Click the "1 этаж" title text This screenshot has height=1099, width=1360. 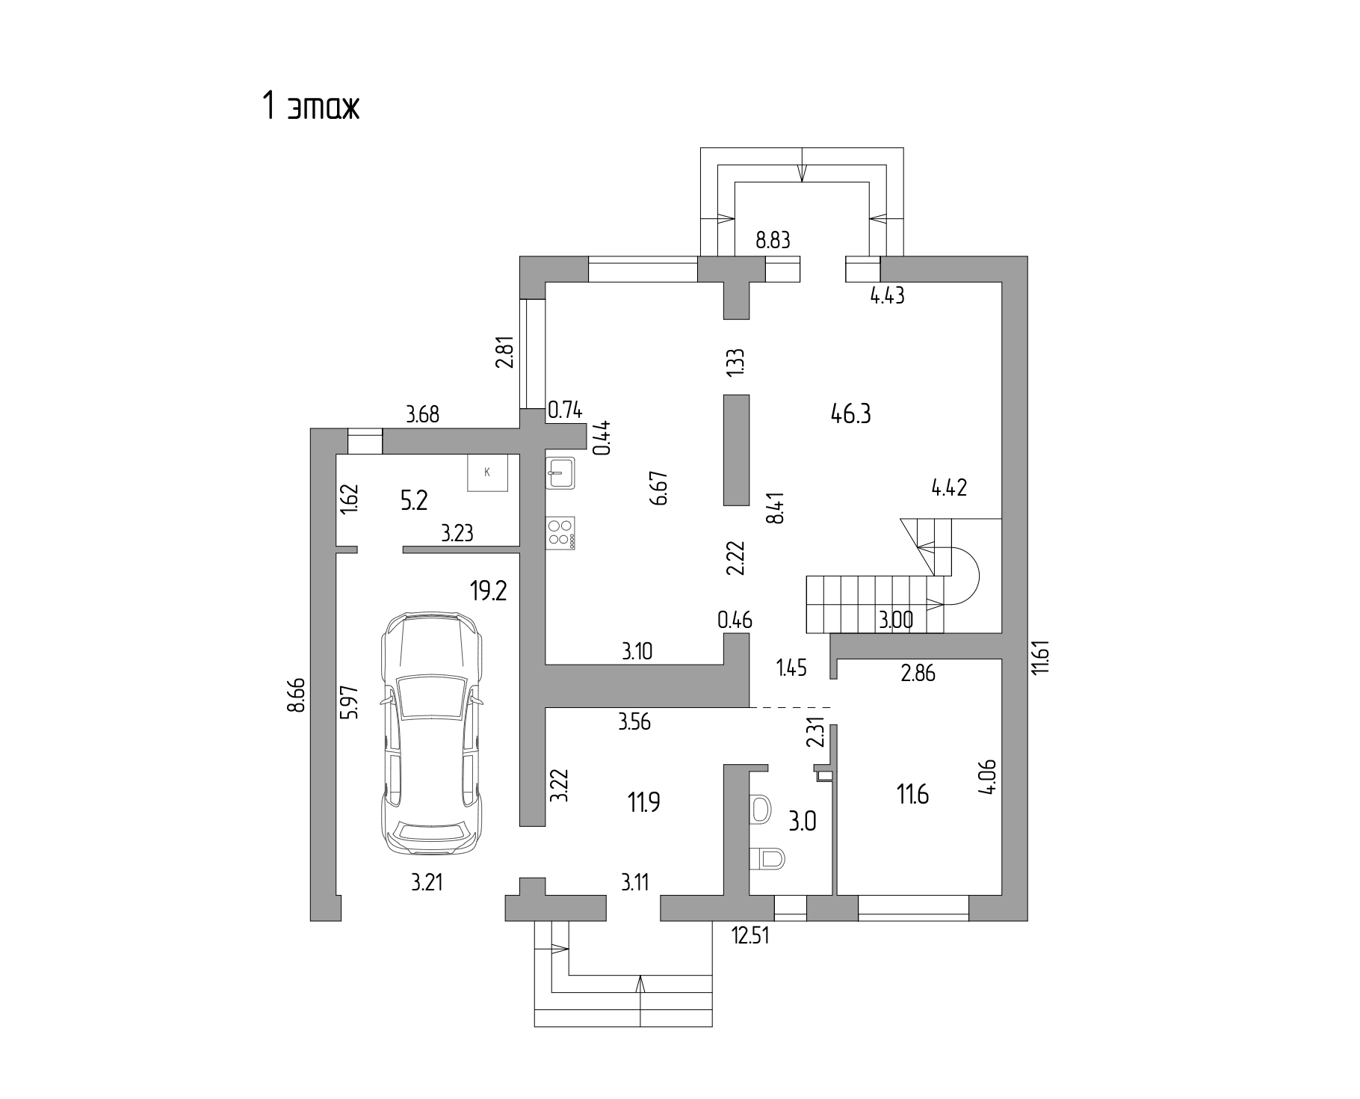[x=310, y=106]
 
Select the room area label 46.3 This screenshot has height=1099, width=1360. [x=850, y=413]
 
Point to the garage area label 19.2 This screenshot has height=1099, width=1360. [x=488, y=592]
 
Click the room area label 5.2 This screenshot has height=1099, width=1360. [x=413, y=500]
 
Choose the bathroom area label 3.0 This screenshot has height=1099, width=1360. [x=803, y=822]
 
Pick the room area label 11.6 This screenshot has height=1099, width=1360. [x=912, y=794]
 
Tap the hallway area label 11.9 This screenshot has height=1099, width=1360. [x=643, y=803]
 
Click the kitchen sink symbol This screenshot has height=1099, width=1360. [x=560, y=472]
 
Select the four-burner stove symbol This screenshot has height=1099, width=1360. [x=560, y=533]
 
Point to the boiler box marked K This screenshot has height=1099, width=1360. [x=487, y=472]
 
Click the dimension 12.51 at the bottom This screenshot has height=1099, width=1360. [x=750, y=935]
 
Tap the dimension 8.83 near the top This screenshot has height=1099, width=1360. [x=773, y=241]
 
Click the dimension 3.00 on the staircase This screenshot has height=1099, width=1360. [x=894, y=621]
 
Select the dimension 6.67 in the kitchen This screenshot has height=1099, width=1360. [x=658, y=488]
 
